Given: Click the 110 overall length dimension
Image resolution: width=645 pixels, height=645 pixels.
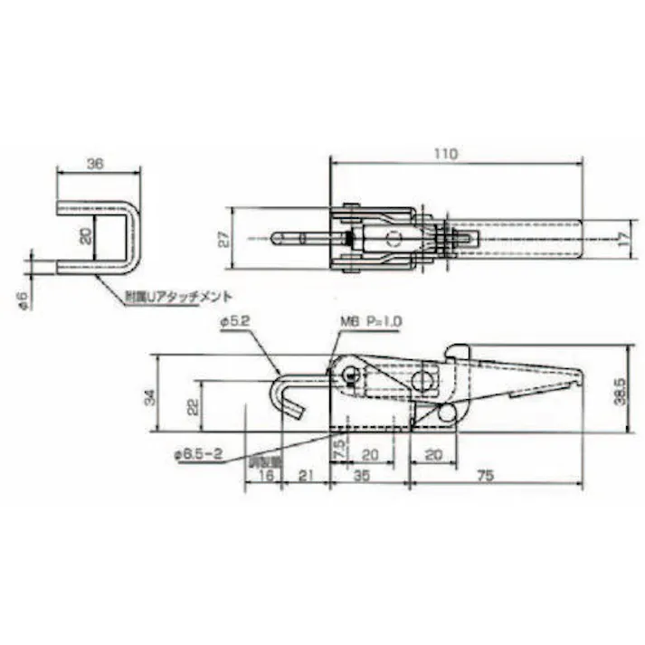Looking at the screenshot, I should [445, 155].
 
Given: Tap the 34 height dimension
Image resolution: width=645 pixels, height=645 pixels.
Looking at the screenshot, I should [151, 395].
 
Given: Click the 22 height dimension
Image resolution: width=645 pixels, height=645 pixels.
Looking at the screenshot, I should [192, 406].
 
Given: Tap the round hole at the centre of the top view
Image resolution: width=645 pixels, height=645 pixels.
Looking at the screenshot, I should [392, 239].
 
